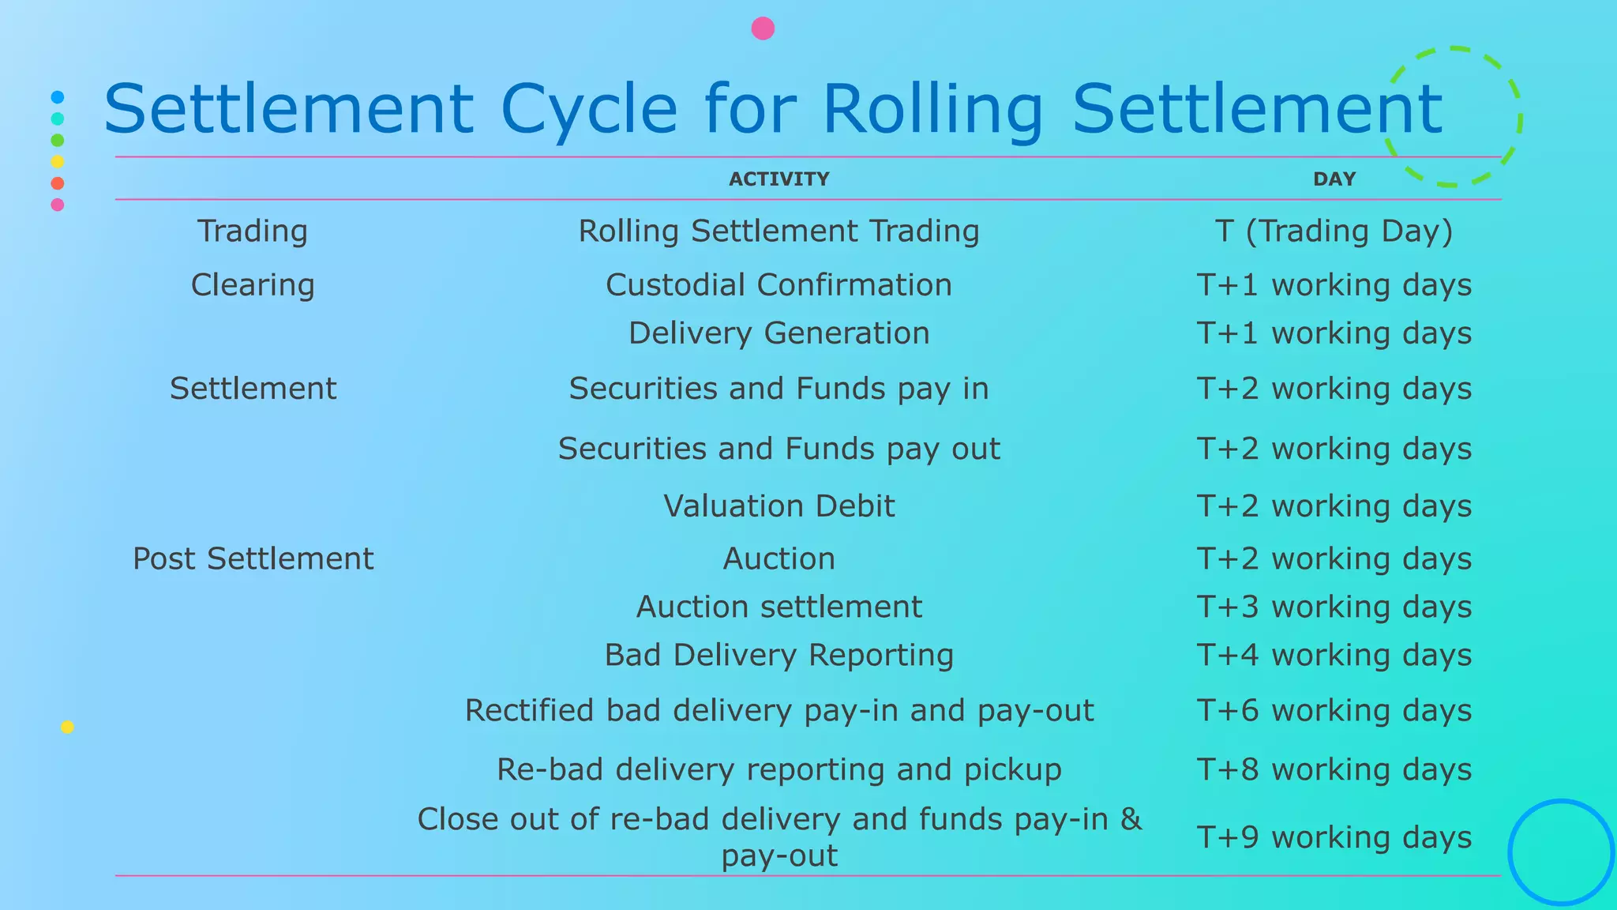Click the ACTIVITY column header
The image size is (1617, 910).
pyautogui.click(x=778, y=179)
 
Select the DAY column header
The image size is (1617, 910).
pyautogui.click(x=1334, y=179)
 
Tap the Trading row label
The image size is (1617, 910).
pyautogui.click(x=253, y=231)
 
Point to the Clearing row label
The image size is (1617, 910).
pyautogui.click(x=253, y=284)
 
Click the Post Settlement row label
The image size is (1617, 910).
pyautogui.click(x=253, y=558)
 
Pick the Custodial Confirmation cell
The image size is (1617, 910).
pyautogui.click(x=778, y=284)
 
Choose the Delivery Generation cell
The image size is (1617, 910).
pyautogui.click(x=778, y=333)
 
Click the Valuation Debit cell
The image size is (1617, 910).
pyautogui.click(x=778, y=506)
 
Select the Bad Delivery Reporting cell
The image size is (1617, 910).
pyautogui.click(x=778, y=655)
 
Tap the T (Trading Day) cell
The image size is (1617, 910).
pyautogui.click(x=1334, y=231)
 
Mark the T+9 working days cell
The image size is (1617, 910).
pyautogui.click(x=1334, y=837)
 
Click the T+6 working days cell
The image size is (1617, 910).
pyautogui.click(x=1334, y=710)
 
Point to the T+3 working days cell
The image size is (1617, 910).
pyautogui.click(x=1334, y=607)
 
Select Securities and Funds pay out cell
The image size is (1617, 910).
pyautogui.click(x=778, y=449)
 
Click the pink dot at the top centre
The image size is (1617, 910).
pyautogui.click(x=763, y=28)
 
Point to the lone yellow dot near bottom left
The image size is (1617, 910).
pyautogui.click(x=67, y=727)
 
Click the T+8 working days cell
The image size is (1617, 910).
pyautogui.click(x=1334, y=769)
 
